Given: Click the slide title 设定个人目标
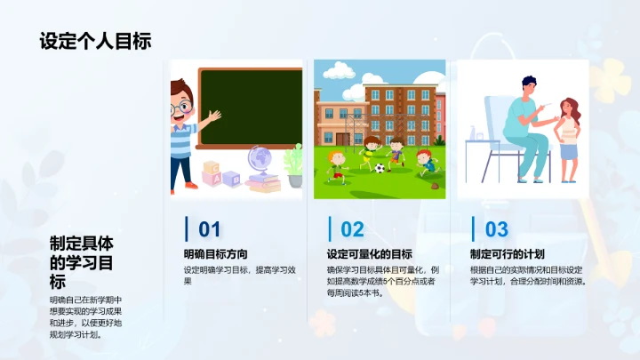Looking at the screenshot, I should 95,42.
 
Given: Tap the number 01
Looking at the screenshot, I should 209,230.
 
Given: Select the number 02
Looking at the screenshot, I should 353,230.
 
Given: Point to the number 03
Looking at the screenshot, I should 496,230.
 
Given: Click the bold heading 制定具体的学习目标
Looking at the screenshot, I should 82,262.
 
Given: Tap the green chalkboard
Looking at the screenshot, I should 250,107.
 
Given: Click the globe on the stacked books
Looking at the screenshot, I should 261,159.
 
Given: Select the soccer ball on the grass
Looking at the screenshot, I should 380,167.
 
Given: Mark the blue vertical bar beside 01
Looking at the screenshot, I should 186,229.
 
